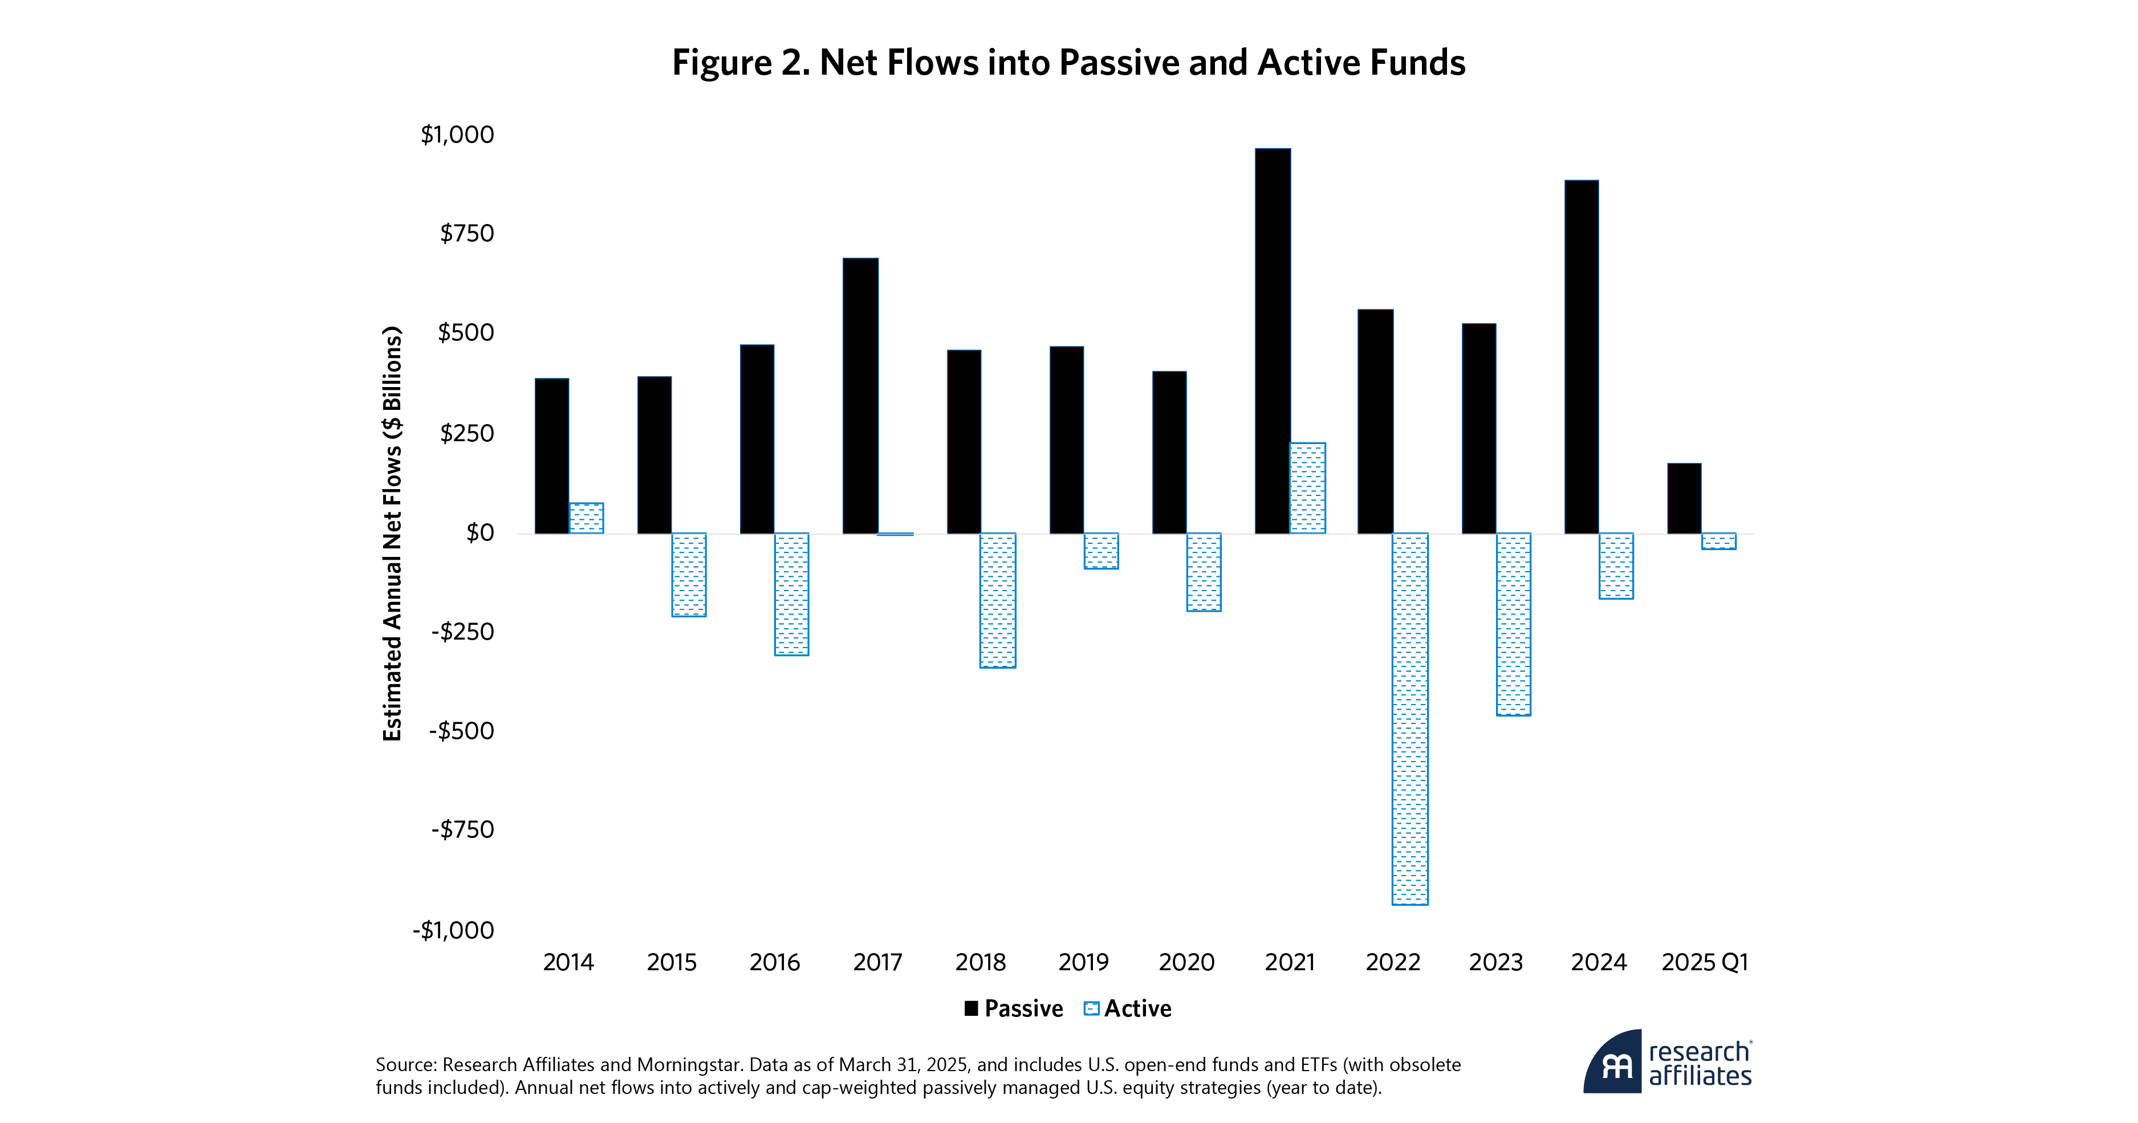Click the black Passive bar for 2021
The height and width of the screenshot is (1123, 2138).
click(x=1273, y=340)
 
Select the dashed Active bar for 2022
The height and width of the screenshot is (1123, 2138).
click(x=1409, y=718)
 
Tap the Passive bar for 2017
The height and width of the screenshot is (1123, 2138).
click(x=860, y=395)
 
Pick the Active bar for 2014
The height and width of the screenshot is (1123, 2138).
click(x=586, y=518)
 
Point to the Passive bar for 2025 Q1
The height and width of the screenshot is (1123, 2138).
click(x=1684, y=498)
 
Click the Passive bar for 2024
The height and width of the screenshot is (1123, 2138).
click(x=1581, y=356)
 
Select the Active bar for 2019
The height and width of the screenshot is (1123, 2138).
click(x=1100, y=550)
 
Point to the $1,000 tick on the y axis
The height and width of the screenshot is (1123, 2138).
click(x=457, y=135)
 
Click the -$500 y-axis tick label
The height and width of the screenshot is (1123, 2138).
click(x=461, y=730)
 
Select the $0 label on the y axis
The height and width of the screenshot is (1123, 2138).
click(x=479, y=532)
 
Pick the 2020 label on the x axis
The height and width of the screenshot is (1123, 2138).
click(x=1186, y=962)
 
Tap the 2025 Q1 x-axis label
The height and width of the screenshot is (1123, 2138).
click(x=1704, y=962)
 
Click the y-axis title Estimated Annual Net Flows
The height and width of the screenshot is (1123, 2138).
click(x=392, y=533)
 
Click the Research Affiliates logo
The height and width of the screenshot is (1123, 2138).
click(x=1668, y=1063)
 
